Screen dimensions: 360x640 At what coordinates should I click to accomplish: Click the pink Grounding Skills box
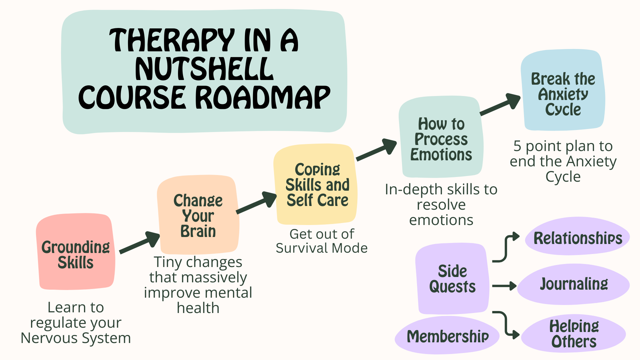pyautogui.click(x=76, y=252)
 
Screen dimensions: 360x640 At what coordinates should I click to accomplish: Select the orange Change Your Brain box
pyautogui.click(x=198, y=215)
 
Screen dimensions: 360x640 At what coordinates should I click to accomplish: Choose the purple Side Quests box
pyautogui.click(x=452, y=279)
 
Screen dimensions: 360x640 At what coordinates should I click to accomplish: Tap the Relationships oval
pyautogui.click(x=578, y=237)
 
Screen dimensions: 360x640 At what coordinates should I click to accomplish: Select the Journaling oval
pyautogui.click(x=574, y=284)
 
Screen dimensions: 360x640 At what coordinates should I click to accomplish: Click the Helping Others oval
pyautogui.click(x=574, y=334)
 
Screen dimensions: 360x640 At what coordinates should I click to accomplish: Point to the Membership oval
pyautogui.click(x=447, y=336)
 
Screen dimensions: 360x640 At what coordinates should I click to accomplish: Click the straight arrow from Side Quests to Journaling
pyautogui.click(x=504, y=286)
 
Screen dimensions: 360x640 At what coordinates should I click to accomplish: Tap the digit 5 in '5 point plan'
pyautogui.click(x=517, y=146)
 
